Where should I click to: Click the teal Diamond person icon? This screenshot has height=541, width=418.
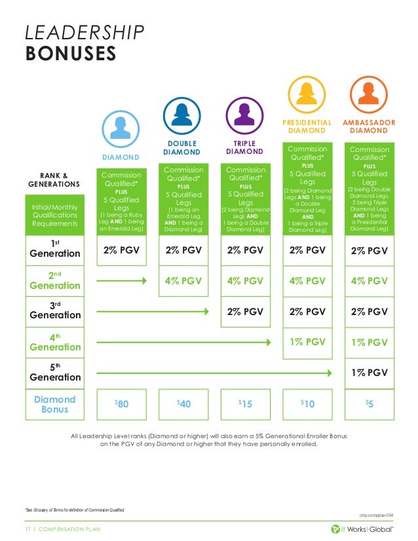[120, 128]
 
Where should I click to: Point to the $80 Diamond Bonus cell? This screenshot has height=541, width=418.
[121, 404]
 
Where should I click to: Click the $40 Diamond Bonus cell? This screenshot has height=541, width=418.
[182, 404]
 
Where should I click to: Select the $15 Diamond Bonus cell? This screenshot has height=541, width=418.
[244, 404]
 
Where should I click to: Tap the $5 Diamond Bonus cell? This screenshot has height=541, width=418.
[370, 404]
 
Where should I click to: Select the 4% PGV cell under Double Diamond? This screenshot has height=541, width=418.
[182, 280]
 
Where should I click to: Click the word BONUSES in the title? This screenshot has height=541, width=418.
[71, 52]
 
